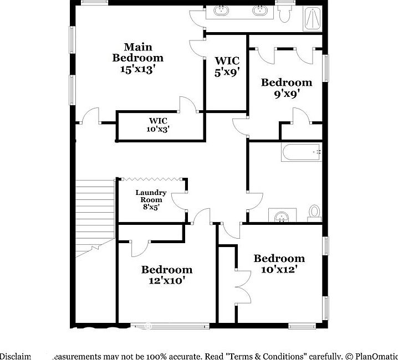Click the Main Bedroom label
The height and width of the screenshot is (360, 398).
coord(137,52)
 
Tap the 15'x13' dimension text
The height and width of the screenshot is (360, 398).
coord(137,69)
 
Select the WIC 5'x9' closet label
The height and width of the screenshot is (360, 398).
coord(227,66)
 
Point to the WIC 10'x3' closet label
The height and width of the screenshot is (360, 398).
coord(158,125)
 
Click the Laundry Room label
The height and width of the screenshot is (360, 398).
coord(151,199)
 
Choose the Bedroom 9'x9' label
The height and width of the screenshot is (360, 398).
coord(287,88)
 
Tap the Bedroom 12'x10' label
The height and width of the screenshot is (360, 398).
coord(166,275)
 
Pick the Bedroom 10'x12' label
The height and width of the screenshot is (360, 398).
coord(279,264)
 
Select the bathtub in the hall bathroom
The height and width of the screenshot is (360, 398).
coord(302,152)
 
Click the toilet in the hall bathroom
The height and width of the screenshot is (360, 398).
coord(315,212)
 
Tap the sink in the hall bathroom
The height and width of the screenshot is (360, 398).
coord(283,215)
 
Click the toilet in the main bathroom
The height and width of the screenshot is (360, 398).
coord(285,13)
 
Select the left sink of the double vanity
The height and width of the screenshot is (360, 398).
coord(222,10)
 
